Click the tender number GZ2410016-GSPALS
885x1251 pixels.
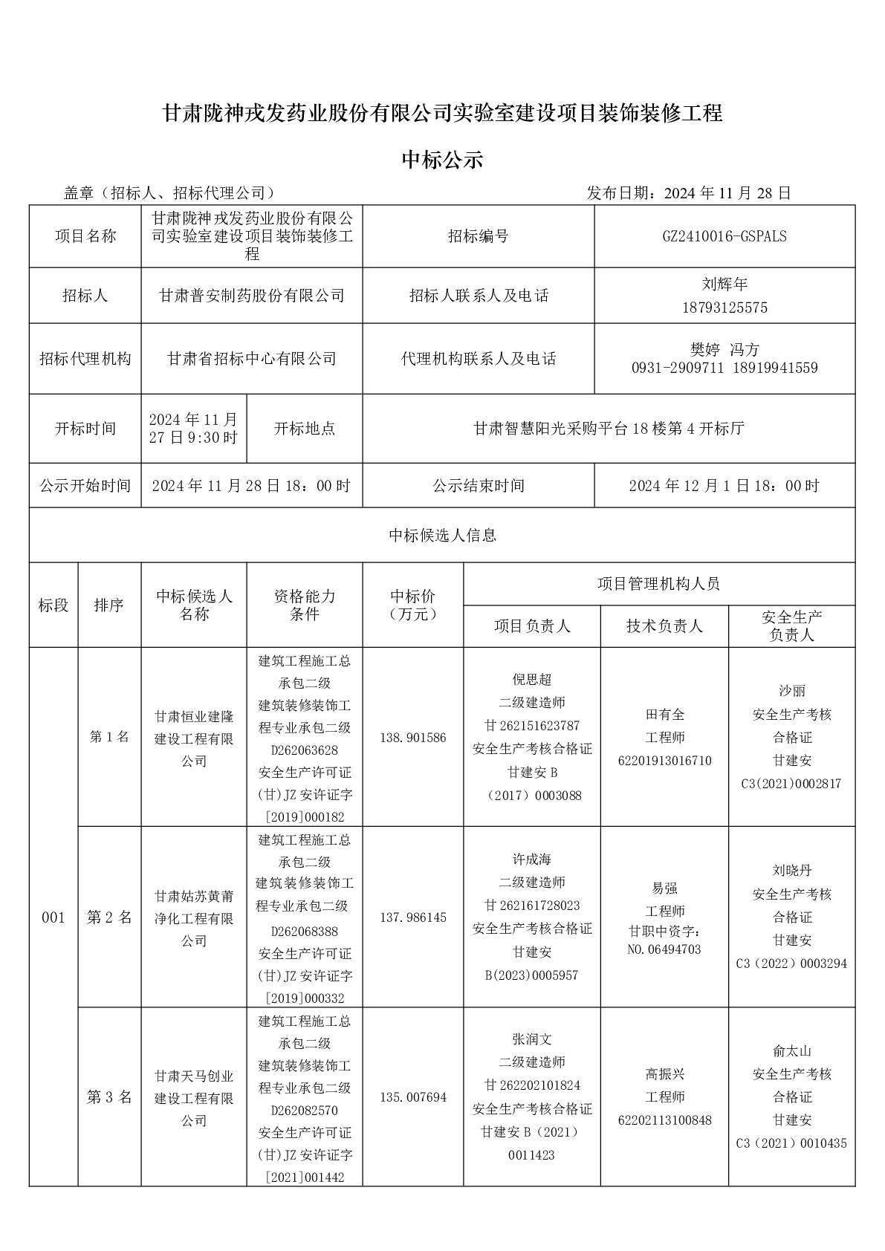click(724, 236)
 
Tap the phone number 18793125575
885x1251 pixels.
click(724, 308)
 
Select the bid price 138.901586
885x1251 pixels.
click(413, 738)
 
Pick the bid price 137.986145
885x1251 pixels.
click(413, 917)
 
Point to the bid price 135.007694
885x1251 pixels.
click(413, 1097)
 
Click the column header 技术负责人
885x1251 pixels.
click(664, 626)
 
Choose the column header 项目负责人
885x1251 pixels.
click(532, 626)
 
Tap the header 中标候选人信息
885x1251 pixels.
click(442, 535)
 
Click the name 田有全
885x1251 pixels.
click(665, 715)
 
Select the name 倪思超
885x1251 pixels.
click(532, 680)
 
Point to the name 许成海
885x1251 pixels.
click(532, 860)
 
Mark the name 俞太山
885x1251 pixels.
click(791, 1051)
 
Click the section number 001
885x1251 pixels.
click(54, 917)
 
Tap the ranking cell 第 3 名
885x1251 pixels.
click(109, 1097)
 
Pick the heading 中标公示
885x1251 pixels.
click(442, 159)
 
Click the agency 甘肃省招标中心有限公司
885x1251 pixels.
click(252, 359)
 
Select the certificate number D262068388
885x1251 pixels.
click(305, 931)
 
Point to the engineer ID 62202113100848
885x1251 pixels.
click(665, 1120)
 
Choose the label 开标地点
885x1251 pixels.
click(305, 429)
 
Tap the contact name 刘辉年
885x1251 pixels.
click(724, 284)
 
